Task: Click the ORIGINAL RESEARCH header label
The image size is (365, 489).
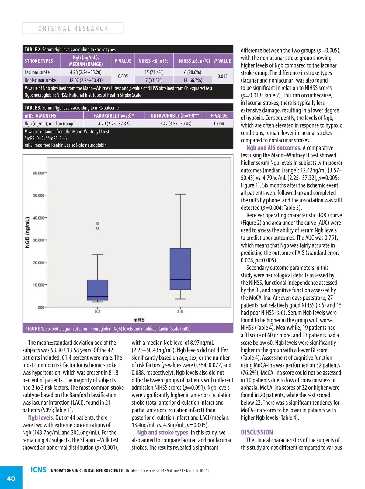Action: (73, 29)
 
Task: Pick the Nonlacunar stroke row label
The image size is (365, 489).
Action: (40, 80)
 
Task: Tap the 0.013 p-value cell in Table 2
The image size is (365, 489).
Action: (222, 76)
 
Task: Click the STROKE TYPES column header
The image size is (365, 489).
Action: (39, 61)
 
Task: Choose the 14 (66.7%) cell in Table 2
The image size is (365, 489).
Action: (193, 80)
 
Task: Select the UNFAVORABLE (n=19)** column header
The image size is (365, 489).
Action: (175, 116)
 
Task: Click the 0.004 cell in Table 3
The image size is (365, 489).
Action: (219, 124)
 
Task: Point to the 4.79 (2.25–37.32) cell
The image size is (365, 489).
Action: (114, 124)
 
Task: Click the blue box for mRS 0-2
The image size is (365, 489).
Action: (98, 290)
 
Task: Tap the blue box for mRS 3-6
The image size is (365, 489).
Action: (180, 269)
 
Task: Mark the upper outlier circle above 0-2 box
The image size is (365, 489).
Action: (98, 224)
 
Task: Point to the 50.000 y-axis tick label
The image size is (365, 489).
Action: (39, 195)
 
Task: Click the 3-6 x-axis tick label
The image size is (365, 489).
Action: (180, 312)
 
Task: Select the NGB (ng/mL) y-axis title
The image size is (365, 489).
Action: (28, 232)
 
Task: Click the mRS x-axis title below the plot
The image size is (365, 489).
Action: (139, 320)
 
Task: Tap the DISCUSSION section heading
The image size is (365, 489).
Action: (257, 432)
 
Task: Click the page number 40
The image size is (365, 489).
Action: (11, 479)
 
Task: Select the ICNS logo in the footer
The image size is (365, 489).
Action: (38, 470)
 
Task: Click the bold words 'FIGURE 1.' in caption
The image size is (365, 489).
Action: (35, 329)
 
